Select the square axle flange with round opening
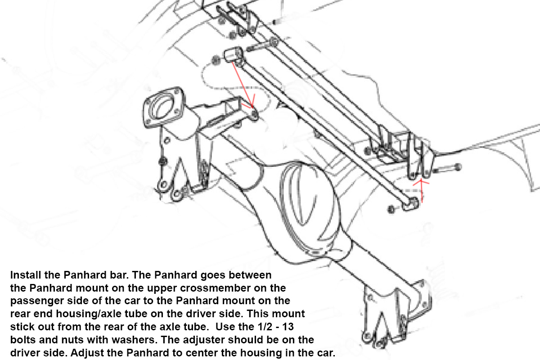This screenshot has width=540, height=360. point(164,107)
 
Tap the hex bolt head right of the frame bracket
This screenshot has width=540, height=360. point(458,167)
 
